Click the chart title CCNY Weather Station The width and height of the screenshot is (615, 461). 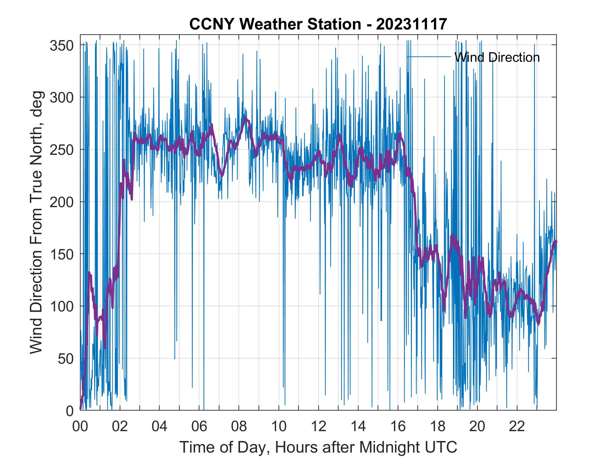tap(274, 24)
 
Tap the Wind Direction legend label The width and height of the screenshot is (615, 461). tap(497, 57)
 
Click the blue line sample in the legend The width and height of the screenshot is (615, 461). tap(429, 57)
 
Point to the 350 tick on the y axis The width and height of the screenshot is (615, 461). tap(61, 45)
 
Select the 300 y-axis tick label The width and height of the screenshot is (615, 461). tap(61, 97)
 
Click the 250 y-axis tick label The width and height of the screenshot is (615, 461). tap(61, 150)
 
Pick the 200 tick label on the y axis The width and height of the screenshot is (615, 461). tap(61, 202)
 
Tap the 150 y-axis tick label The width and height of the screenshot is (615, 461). tap(61, 254)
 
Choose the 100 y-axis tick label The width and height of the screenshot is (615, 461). tap(61, 306)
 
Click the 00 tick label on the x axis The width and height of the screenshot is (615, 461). tap(80, 427)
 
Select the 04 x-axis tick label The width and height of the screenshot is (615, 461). tap(160, 427)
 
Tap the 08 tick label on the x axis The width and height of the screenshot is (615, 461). tap(239, 427)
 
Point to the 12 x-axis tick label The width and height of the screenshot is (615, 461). tap(318, 427)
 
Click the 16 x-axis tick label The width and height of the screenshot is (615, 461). tap(398, 427)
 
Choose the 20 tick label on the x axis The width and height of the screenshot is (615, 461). tap(477, 427)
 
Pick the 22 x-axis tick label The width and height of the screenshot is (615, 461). tap(517, 427)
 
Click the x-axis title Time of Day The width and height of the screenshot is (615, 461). tap(318, 447)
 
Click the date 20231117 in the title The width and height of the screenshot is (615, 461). tap(412, 24)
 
